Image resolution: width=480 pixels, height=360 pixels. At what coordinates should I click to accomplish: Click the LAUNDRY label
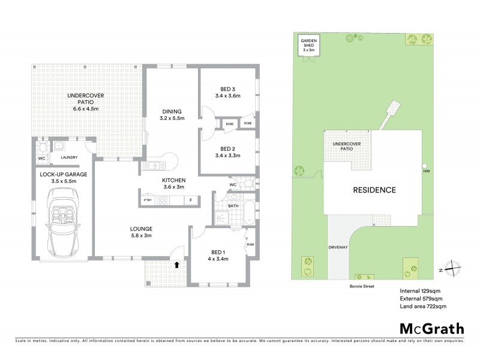coord(70,158)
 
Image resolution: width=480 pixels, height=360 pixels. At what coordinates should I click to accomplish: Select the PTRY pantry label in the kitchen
coord(146,200)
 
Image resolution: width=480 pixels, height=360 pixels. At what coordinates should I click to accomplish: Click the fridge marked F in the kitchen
coord(191,200)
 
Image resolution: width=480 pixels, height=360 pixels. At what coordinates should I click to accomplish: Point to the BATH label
coord(234,206)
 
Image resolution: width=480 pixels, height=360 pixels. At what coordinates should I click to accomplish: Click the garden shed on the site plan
coord(308,44)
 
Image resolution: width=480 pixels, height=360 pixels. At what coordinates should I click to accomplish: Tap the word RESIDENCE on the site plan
coord(374,190)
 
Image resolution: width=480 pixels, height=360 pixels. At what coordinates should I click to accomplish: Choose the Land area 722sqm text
coord(423,306)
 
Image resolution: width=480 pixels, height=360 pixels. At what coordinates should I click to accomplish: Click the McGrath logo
coord(431,328)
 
